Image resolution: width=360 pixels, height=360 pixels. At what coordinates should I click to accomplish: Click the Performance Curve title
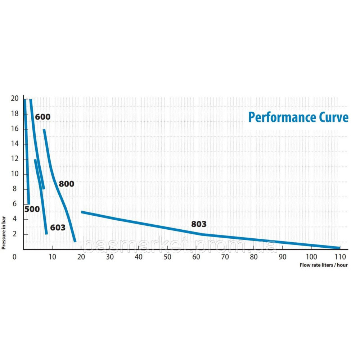coord(298,117)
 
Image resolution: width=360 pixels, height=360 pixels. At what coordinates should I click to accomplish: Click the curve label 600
coord(42,117)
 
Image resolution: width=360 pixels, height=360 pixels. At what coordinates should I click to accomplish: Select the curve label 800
coord(66,184)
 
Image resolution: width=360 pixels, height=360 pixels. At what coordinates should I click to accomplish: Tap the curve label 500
coord(32,209)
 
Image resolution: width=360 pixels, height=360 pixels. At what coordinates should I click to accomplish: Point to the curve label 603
coord(58,228)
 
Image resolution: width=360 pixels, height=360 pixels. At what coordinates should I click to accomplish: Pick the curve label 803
coord(199,224)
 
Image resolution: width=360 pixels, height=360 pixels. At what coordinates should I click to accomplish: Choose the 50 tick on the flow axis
coord(167,257)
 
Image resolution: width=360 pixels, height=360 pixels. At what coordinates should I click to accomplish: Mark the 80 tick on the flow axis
coord(254,257)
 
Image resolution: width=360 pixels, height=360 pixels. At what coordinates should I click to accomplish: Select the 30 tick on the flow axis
coord(110,257)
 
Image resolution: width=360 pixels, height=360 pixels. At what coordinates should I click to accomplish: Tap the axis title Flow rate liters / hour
coord(324,265)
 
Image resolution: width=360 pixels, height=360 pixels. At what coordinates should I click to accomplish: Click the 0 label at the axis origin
coord(15,257)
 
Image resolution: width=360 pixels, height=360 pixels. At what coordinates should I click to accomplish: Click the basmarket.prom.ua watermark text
coord(180,245)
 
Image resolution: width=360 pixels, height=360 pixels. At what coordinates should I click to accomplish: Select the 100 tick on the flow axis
coord(311,257)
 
